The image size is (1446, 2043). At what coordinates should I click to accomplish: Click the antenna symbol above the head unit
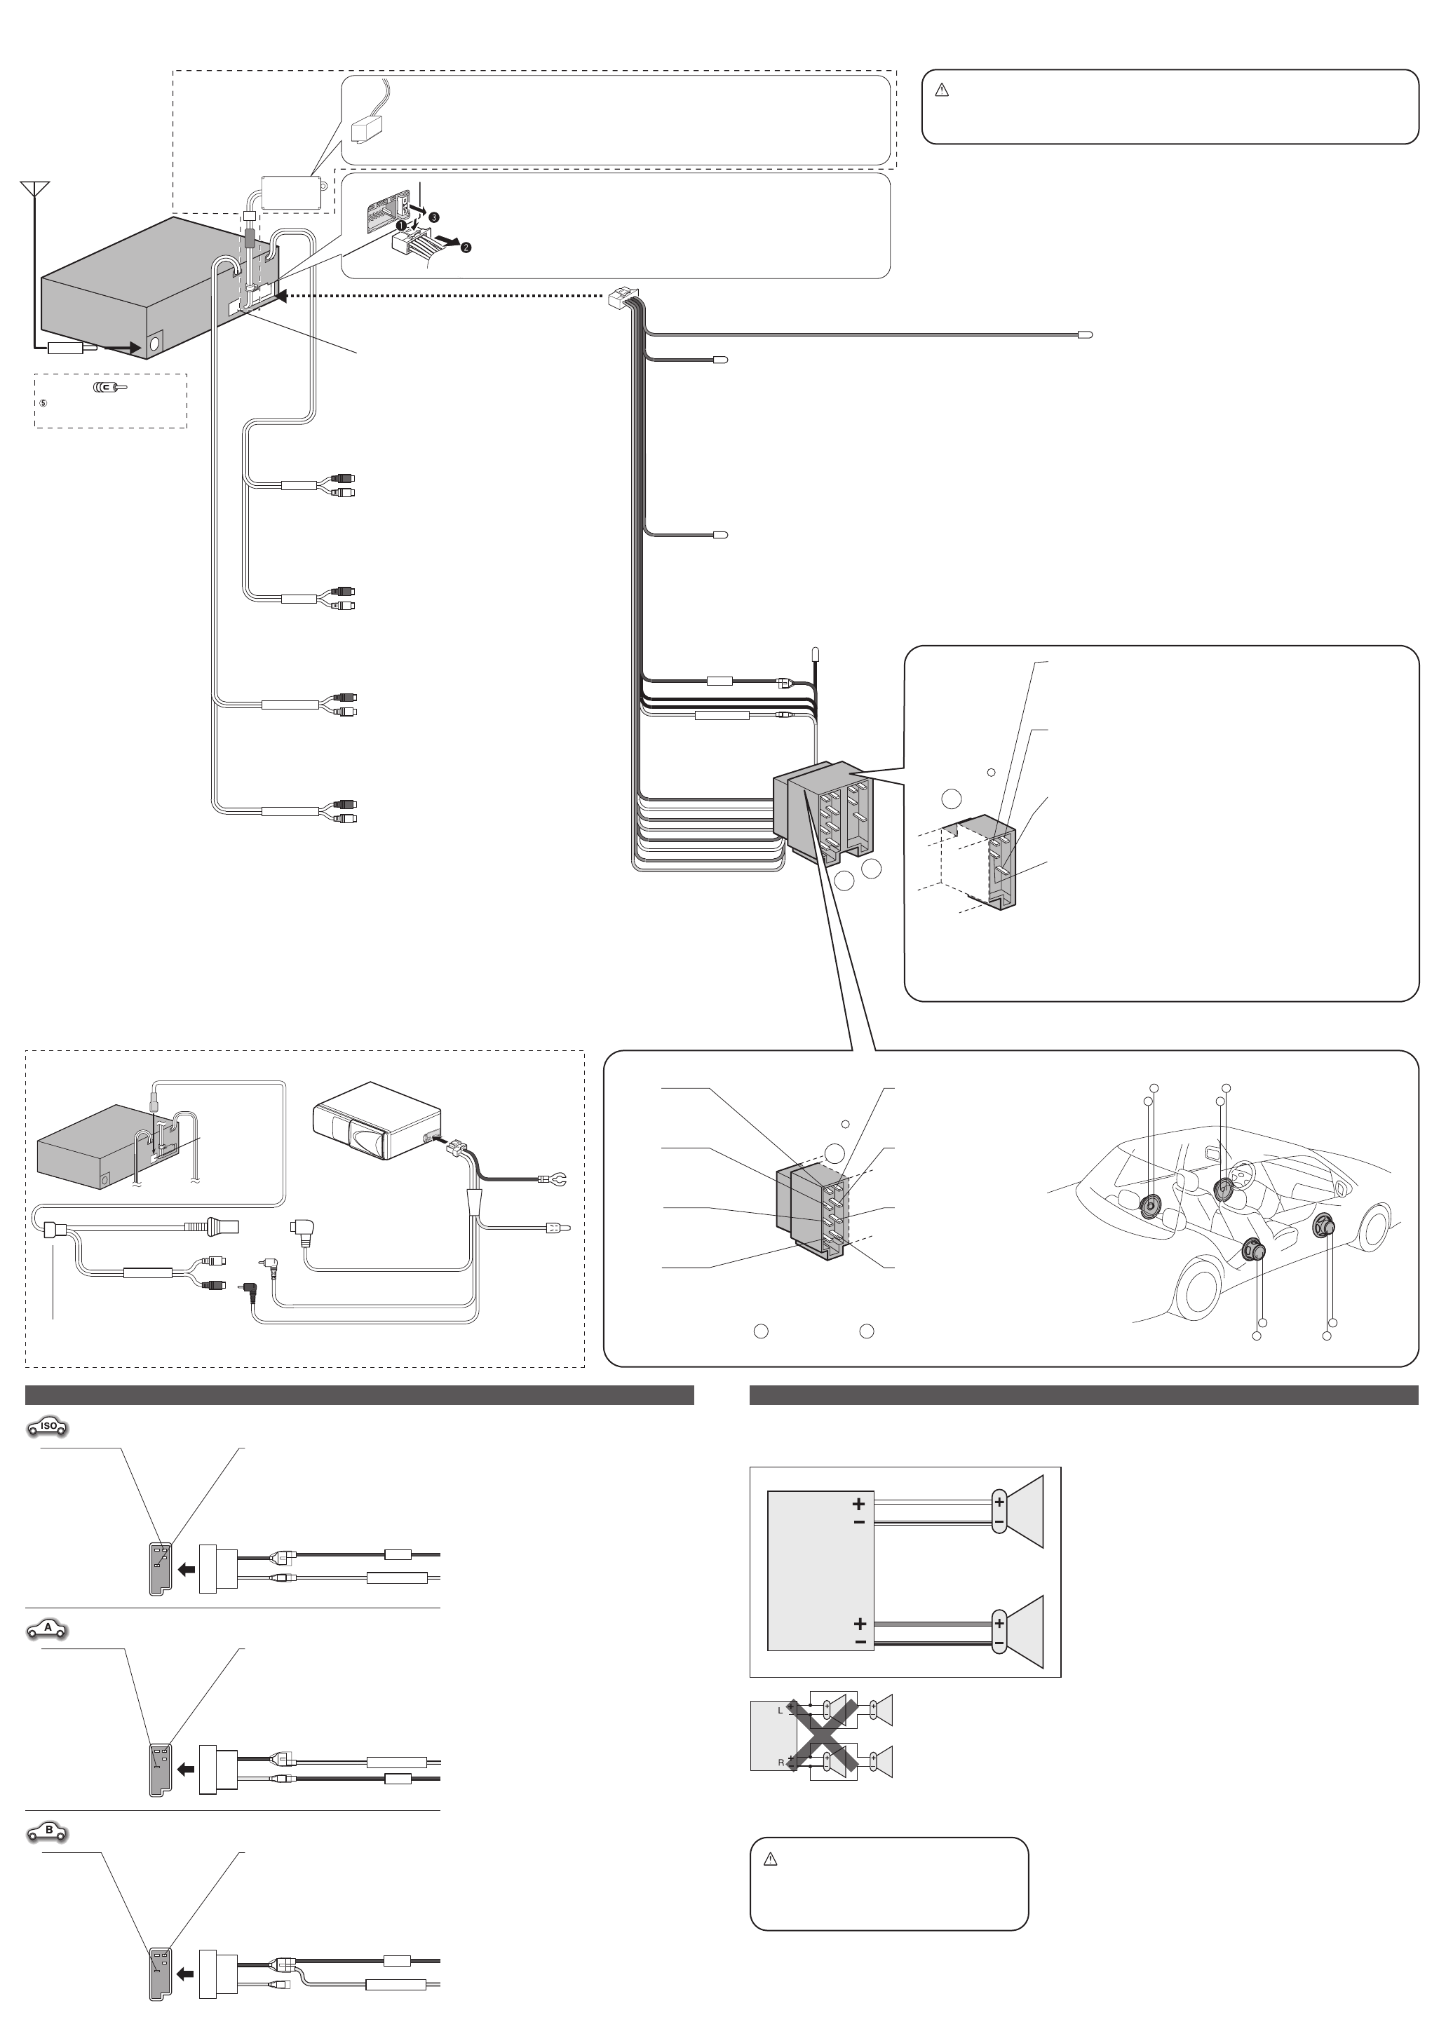pyautogui.click(x=35, y=189)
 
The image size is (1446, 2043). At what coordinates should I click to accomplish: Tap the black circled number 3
pyautogui.click(x=433, y=217)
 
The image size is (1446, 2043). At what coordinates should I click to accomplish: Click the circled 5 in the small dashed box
pyautogui.click(x=42, y=403)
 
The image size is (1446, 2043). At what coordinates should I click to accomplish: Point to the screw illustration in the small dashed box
pyautogui.click(x=110, y=388)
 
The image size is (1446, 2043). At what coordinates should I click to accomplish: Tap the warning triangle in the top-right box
pyautogui.click(x=942, y=90)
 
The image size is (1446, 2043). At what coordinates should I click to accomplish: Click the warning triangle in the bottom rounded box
pyautogui.click(x=771, y=1859)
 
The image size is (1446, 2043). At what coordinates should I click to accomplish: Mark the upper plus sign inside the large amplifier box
pyautogui.click(x=858, y=1504)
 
